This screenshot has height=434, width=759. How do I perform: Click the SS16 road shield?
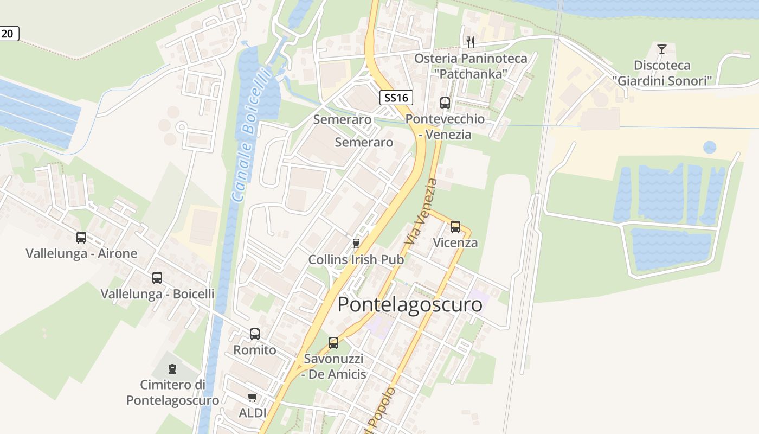[396, 98]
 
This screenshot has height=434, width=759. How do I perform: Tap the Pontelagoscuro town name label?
[410, 304]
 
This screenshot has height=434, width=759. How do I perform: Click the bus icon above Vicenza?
[455, 226]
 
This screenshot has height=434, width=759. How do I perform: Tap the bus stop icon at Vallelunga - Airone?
[81, 237]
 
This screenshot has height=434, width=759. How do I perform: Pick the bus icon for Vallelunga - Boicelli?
[157, 277]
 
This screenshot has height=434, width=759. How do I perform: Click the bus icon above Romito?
[255, 334]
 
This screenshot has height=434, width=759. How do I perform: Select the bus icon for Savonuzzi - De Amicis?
[333, 342]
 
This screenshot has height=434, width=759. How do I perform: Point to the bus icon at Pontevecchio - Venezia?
[445, 103]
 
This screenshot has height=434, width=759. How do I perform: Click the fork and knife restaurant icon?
[471, 42]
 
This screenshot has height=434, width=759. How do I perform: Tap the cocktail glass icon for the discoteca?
[661, 49]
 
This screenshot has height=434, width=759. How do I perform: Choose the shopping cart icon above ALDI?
[252, 398]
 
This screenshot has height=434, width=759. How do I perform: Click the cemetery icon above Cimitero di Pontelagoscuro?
[172, 369]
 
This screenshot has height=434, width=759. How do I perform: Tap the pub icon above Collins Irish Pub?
[356, 243]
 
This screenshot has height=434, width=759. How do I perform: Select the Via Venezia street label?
[421, 212]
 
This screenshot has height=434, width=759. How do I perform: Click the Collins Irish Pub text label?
[356, 260]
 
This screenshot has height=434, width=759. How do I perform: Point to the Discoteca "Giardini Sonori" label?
[662, 73]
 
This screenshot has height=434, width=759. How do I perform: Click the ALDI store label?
[253, 413]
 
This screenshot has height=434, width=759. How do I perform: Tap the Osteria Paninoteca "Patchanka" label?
[471, 66]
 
